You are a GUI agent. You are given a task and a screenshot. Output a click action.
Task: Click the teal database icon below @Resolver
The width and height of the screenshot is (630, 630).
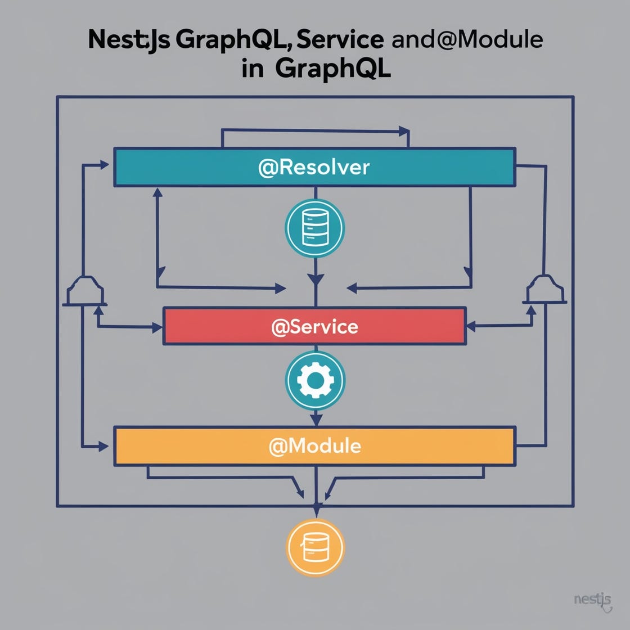(315, 228)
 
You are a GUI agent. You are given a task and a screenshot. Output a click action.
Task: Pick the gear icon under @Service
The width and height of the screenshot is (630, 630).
(315, 381)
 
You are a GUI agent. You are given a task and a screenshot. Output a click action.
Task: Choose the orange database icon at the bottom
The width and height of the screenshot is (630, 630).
(315, 547)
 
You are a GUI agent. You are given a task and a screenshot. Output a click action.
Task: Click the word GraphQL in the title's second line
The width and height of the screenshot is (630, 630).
(334, 69)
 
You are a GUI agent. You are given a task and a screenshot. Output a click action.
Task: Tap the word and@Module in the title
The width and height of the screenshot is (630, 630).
(467, 40)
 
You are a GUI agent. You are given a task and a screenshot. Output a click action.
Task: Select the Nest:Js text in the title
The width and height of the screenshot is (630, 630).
(129, 40)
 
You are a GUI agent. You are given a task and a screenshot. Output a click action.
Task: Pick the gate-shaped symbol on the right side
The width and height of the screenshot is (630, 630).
(545, 290)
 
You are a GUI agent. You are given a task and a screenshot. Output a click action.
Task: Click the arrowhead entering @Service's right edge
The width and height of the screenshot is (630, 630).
(471, 326)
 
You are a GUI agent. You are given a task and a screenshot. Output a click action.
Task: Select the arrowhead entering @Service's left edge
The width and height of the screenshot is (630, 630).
(157, 327)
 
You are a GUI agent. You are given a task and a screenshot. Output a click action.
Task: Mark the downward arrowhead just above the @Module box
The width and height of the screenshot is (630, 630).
(316, 419)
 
